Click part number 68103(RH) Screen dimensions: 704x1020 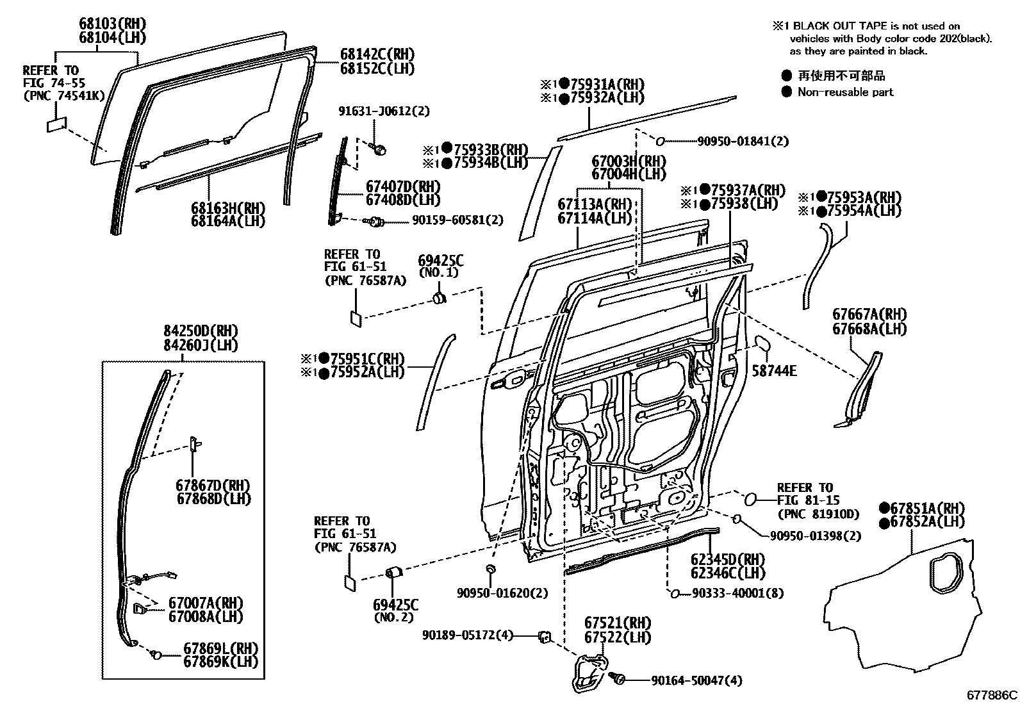(x=112, y=24)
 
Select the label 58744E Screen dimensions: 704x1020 (x=773, y=370)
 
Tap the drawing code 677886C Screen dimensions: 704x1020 (x=992, y=694)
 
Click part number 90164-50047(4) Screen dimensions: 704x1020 (x=696, y=680)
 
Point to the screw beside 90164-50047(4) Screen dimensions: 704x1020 (x=618, y=678)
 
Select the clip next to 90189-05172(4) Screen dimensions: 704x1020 (x=545, y=636)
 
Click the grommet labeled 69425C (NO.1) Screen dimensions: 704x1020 (x=440, y=297)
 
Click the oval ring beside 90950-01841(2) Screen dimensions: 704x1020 (x=661, y=141)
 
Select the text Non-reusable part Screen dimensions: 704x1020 (x=845, y=92)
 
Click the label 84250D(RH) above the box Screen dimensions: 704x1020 (x=201, y=331)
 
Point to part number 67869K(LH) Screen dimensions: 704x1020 (x=221, y=662)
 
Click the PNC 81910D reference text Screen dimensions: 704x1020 (x=818, y=513)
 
